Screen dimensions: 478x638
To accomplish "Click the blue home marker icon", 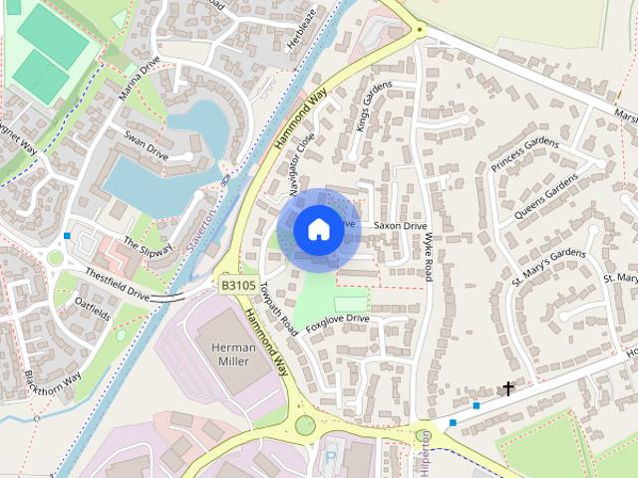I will coord(318,230).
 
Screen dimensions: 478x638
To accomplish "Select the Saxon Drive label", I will coord(400,226).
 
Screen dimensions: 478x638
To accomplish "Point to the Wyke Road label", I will coord(428,259).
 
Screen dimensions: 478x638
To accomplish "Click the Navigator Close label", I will coord(302,162).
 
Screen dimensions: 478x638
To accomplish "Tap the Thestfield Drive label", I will coord(117,285).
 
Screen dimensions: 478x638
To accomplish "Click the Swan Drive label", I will coord(146,145).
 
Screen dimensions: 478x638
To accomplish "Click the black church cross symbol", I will coord(507,388).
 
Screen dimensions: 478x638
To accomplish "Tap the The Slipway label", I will coord(148,247).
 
